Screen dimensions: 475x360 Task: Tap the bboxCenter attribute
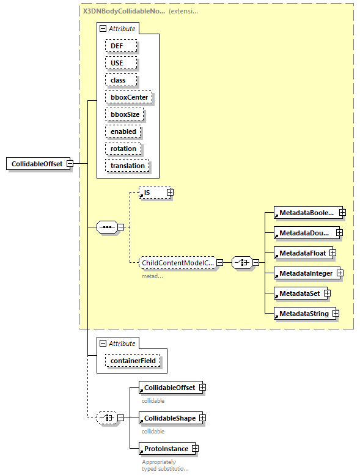pyautogui.click(x=129, y=97)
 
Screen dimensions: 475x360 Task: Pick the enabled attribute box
pyautogui.click(x=123, y=131)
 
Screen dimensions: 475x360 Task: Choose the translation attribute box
pyautogui.click(x=127, y=166)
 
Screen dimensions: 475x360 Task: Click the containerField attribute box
pyautogui.click(x=133, y=361)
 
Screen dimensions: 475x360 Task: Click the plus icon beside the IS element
pyautogui.click(x=170, y=193)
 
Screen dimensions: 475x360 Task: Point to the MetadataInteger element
pyautogui.click(x=306, y=273)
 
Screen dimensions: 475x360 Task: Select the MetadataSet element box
pyautogui.click(x=299, y=293)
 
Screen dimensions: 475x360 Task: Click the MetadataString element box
pyautogui.click(x=303, y=314)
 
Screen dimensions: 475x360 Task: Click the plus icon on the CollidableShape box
pyautogui.click(x=202, y=418)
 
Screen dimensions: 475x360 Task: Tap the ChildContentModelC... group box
pyautogui.click(x=177, y=263)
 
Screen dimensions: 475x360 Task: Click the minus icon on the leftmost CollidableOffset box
pyautogui.click(x=70, y=164)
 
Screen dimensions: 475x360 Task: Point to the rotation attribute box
pyautogui.click(x=123, y=149)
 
